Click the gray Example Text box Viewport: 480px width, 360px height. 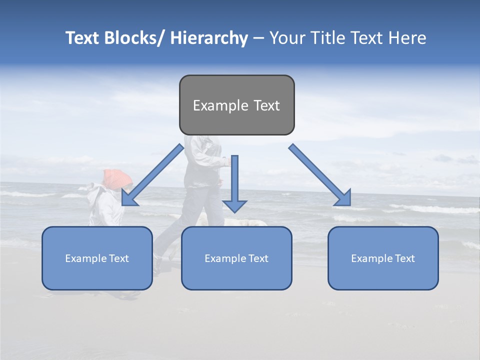point(236,105)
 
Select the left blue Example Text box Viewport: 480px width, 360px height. point(97,258)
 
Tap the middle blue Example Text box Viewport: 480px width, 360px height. point(236,258)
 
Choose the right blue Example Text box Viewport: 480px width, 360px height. point(383,258)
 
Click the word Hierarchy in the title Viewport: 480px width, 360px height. point(209,38)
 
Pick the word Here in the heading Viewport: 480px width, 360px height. point(409,38)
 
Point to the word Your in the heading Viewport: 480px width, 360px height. point(286,38)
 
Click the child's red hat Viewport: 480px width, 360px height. point(118,178)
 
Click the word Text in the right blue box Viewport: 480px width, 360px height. point(404,258)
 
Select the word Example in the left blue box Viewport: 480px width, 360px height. point(83,258)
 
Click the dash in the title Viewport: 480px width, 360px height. point(258,38)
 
